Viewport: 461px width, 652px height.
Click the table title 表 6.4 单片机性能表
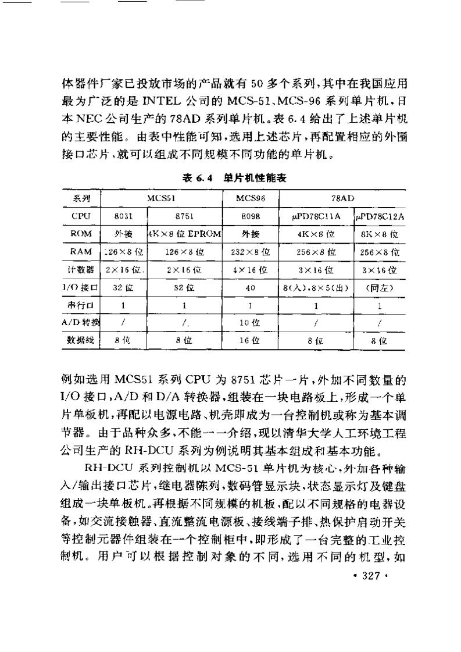coord(234,179)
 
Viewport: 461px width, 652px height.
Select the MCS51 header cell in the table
coord(160,198)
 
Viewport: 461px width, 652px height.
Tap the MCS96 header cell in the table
coord(251,198)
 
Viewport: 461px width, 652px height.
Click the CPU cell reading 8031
coord(124,216)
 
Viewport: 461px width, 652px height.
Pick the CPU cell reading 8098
coord(251,216)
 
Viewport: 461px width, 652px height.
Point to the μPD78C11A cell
coord(316,216)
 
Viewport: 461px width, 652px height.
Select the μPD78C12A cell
coord(379,216)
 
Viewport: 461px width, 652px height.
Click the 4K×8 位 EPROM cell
coord(185,234)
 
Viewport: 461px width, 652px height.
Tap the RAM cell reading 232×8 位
coord(251,252)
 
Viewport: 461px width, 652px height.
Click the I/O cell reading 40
coord(251,287)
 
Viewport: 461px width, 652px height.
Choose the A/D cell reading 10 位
coord(251,323)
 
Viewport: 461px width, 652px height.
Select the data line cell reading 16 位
coord(251,341)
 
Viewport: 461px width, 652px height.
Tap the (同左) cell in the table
coord(379,287)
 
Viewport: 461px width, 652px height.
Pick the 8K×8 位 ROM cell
coord(379,234)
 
